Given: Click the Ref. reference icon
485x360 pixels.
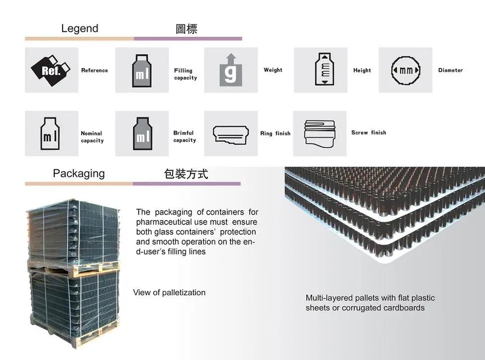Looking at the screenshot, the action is [x=52, y=70].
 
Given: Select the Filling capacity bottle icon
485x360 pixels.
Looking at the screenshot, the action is [x=142, y=70].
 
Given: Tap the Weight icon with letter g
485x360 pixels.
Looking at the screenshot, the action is [x=231, y=70].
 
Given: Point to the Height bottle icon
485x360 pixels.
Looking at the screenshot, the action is [x=320, y=70].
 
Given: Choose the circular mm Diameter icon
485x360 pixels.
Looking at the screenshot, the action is [x=405, y=70].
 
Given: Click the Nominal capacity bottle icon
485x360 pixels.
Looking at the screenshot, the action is [x=52, y=133].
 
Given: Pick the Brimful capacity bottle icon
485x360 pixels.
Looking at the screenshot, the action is [x=142, y=133].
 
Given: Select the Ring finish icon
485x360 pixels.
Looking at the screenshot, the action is [x=231, y=133].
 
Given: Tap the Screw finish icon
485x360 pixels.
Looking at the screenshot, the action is [x=319, y=133].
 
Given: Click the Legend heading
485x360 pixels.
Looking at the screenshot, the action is [x=80, y=28].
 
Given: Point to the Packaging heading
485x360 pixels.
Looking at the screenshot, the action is [x=79, y=174].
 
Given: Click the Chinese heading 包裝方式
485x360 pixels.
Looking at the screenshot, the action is [x=186, y=174].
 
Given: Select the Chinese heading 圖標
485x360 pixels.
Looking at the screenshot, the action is [x=187, y=29].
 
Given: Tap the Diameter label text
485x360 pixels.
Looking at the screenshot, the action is [x=450, y=70].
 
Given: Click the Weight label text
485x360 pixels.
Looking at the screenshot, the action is [x=273, y=70].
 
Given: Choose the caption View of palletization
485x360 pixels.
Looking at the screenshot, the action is [x=169, y=292].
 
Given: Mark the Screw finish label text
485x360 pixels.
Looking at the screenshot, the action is [x=369, y=132].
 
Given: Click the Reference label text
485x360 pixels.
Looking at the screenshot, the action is [x=95, y=70].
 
